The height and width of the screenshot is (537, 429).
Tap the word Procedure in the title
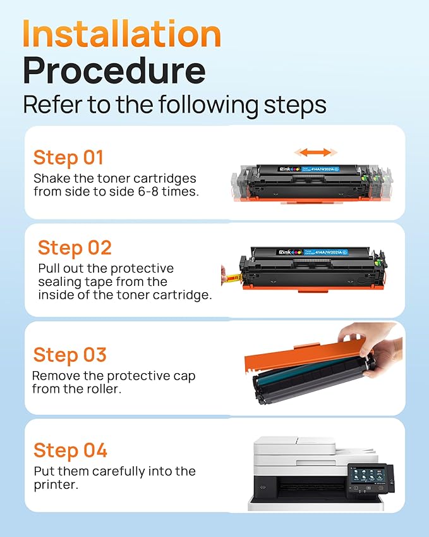[114, 71]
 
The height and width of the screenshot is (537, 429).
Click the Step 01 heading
[68, 157]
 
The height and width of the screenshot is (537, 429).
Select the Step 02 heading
[75, 247]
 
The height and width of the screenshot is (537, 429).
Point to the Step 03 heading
[70, 355]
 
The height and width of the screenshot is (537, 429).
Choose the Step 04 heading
[70, 450]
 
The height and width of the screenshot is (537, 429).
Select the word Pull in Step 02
[49, 268]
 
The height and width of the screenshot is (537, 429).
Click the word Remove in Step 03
[53, 376]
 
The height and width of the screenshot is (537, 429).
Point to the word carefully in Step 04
[118, 471]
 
